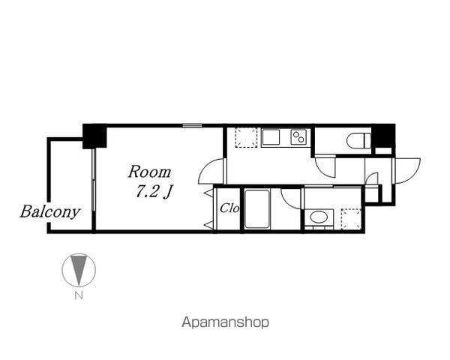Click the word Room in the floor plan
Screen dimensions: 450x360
pos(149,172)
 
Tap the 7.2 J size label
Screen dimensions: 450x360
pos(154,191)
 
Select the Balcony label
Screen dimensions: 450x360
pos(50,211)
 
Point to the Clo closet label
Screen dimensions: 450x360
pos(229,208)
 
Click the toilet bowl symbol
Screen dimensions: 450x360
pos(358,140)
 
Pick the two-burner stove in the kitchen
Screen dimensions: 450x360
pos(298,137)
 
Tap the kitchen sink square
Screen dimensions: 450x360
pos(270,137)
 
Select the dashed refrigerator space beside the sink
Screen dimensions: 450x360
pos(246,137)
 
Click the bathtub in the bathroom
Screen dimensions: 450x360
pos(256,208)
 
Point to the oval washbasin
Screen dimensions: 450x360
pos(319,217)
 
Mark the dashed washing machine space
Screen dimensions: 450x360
pos(351,219)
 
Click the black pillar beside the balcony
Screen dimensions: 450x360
pos(94,136)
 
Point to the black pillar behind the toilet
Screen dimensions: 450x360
pos(383,136)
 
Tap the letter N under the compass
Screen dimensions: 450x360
pos(79,295)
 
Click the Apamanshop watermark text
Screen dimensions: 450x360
pos(225,322)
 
